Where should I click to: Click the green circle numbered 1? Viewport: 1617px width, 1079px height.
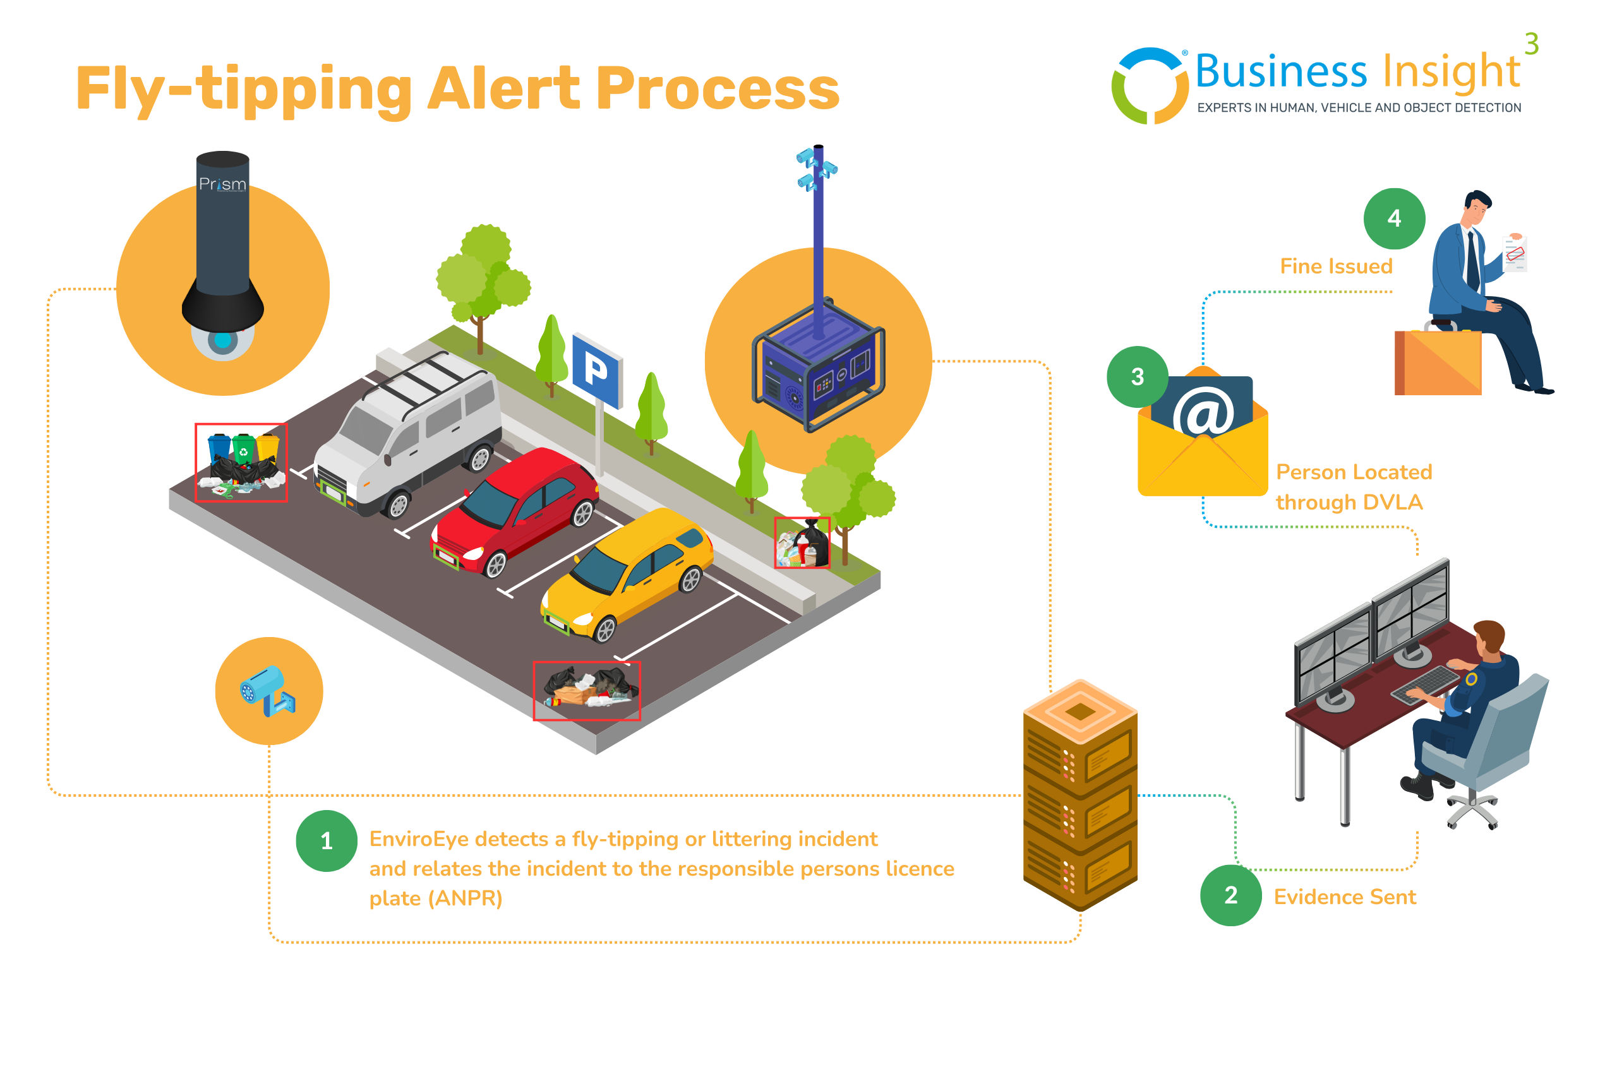(x=327, y=840)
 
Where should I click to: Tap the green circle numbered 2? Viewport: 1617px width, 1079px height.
(x=1231, y=895)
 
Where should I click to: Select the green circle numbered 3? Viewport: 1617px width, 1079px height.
(x=1137, y=376)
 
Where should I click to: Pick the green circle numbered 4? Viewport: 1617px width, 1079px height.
(x=1394, y=218)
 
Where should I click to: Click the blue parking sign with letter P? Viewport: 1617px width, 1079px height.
(x=597, y=369)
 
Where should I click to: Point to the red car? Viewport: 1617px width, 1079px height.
(x=516, y=510)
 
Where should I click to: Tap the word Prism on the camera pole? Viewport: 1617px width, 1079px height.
(x=222, y=184)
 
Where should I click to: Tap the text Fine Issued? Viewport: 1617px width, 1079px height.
(x=1335, y=266)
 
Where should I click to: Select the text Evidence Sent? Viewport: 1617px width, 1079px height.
(x=1344, y=897)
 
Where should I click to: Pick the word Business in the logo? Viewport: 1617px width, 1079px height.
(x=1280, y=71)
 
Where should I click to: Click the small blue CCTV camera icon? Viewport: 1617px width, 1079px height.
(x=267, y=690)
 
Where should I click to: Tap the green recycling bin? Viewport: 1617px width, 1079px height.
(x=243, y=448)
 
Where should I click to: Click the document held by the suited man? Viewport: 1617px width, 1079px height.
(x=1515, y=254)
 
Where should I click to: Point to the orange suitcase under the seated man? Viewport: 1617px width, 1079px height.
(x=1438, y=362)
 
